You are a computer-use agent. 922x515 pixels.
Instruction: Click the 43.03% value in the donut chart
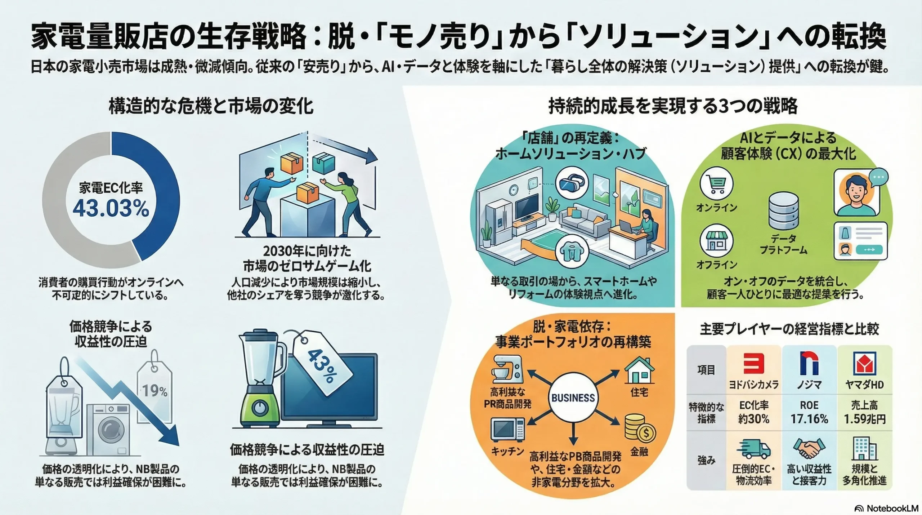tap(111, 208)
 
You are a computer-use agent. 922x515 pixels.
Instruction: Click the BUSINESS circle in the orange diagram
tap(573, 398)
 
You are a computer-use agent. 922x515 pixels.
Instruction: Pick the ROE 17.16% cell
tap(809, 412)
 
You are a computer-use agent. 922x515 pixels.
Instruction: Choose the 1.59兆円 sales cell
tap(864, 412)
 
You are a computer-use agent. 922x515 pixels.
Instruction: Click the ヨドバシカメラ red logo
tap(753, 364)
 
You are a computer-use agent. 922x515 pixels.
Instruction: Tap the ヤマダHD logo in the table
tap(864, 364)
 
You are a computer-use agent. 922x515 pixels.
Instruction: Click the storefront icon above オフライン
tap(716, 240)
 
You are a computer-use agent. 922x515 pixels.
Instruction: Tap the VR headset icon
tap(572, 183)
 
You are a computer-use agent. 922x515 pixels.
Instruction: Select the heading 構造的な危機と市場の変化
tap(211, 107)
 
